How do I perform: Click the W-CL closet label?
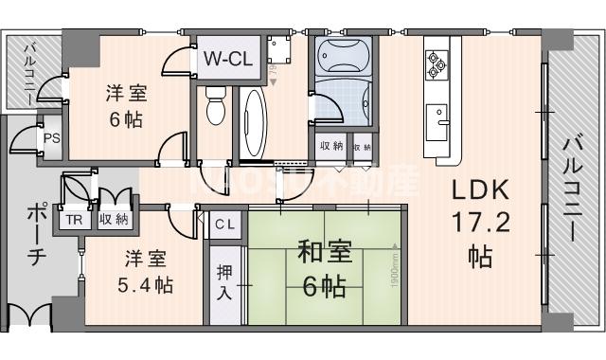[228, 59]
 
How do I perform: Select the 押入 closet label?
[223, 279]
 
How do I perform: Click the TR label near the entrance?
[73, 220]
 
